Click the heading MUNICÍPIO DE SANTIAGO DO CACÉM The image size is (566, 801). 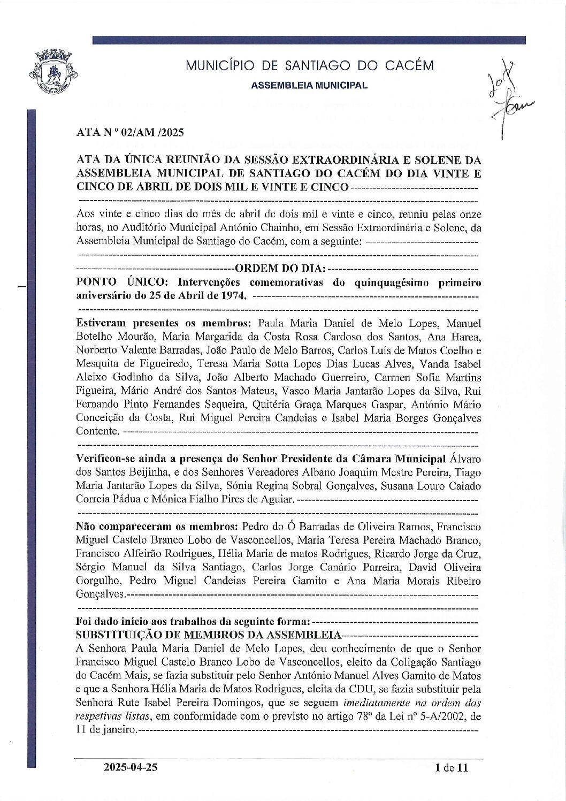[x=309, y=66]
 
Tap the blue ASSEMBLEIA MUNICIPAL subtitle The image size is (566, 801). [x=309, y=86]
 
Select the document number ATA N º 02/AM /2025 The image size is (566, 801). [x=130, y=133]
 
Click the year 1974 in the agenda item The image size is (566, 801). [x=233, y=295]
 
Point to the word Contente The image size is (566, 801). [x=96, y=431]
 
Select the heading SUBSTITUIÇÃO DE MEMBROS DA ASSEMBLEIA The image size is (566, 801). [x=209, y=635]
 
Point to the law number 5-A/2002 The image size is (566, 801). [x=442, y=716]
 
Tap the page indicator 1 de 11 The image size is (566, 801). [x=452, y=768]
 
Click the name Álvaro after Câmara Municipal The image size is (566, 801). [x=465, y=459]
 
